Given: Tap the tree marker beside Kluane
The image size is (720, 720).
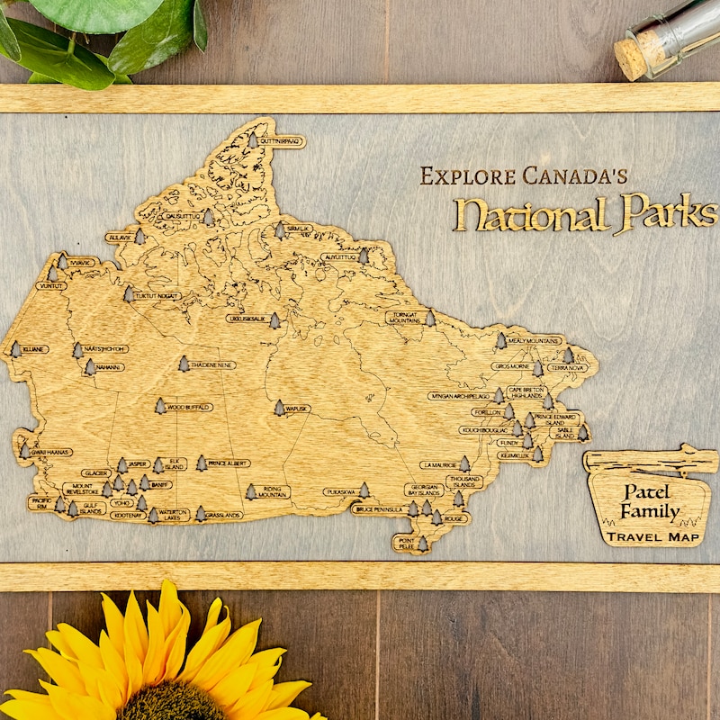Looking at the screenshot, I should pyautogui.click(x=15, y=348).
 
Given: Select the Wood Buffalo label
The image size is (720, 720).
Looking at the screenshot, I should pyautogui.click(x=189, y=408).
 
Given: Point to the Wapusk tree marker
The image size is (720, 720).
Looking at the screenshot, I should pyautogui.click(x=279, y=408).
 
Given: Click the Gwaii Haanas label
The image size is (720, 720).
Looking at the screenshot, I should pyautogui.click(x=50, y=452).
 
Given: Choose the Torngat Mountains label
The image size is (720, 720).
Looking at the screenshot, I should pyautogui.click(x=404, y=318).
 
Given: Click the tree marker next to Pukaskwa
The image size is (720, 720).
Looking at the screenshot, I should pyautogui.click(x=364, y=490).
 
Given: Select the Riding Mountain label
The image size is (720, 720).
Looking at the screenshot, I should pyautogui.click(x=272, y=491).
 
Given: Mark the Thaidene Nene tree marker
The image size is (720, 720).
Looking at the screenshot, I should pyautogui.click(x=184, y=364).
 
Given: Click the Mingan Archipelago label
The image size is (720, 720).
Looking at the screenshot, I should pyautogui.click(x=460, y=396).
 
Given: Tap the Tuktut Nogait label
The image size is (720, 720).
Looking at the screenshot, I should pyautogui.click(x=158, y=295).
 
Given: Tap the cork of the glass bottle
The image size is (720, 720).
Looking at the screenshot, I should pyautogui.click(x=633, y=58).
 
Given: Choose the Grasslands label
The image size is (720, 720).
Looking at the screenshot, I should pyautogui.click(x=222, y=515).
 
